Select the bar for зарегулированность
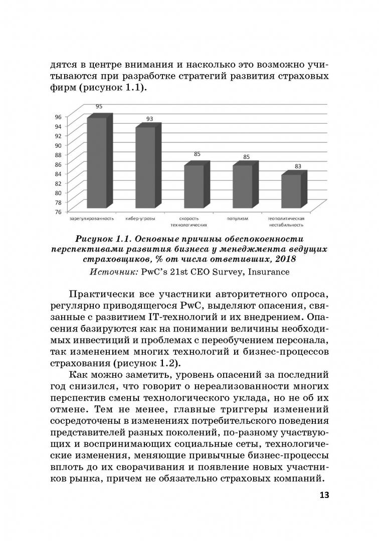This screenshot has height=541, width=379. [x=97, y=163]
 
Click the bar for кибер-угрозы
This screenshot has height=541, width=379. [x=145, y=168]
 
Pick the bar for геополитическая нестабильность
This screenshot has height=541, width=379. [x=291, y=191]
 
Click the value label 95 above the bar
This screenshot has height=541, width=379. [x=99, y=106]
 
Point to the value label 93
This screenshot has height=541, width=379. [x=149, y=119]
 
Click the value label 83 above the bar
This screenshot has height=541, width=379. [x=298, y=166]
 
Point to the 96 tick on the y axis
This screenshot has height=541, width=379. [x=59, y=117]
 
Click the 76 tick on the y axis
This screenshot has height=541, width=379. [x=59, y=211]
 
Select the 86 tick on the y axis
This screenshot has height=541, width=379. [x=59, y=164]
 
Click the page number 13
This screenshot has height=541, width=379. [x=323, y=495]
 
